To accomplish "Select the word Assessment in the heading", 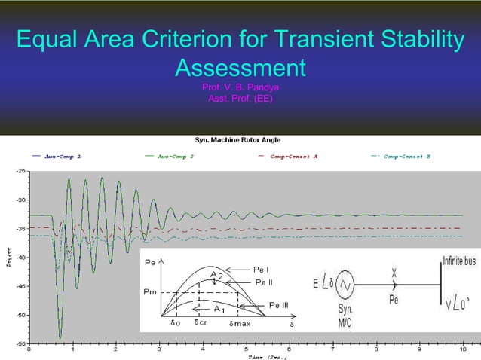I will (x=240, y=69).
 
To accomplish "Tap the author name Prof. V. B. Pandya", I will (x=240, y=88).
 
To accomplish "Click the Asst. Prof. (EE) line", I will (x=240, y=99).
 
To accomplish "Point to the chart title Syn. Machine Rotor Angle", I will (x=240, y=140).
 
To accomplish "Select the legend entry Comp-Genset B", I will (x=407, y=157).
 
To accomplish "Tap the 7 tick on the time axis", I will (x=332, y=349).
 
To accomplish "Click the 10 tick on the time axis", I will (x=462, y=349).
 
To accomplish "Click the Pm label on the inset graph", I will (x=150, y=291).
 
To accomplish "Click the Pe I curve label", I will (x=262, y=268).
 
